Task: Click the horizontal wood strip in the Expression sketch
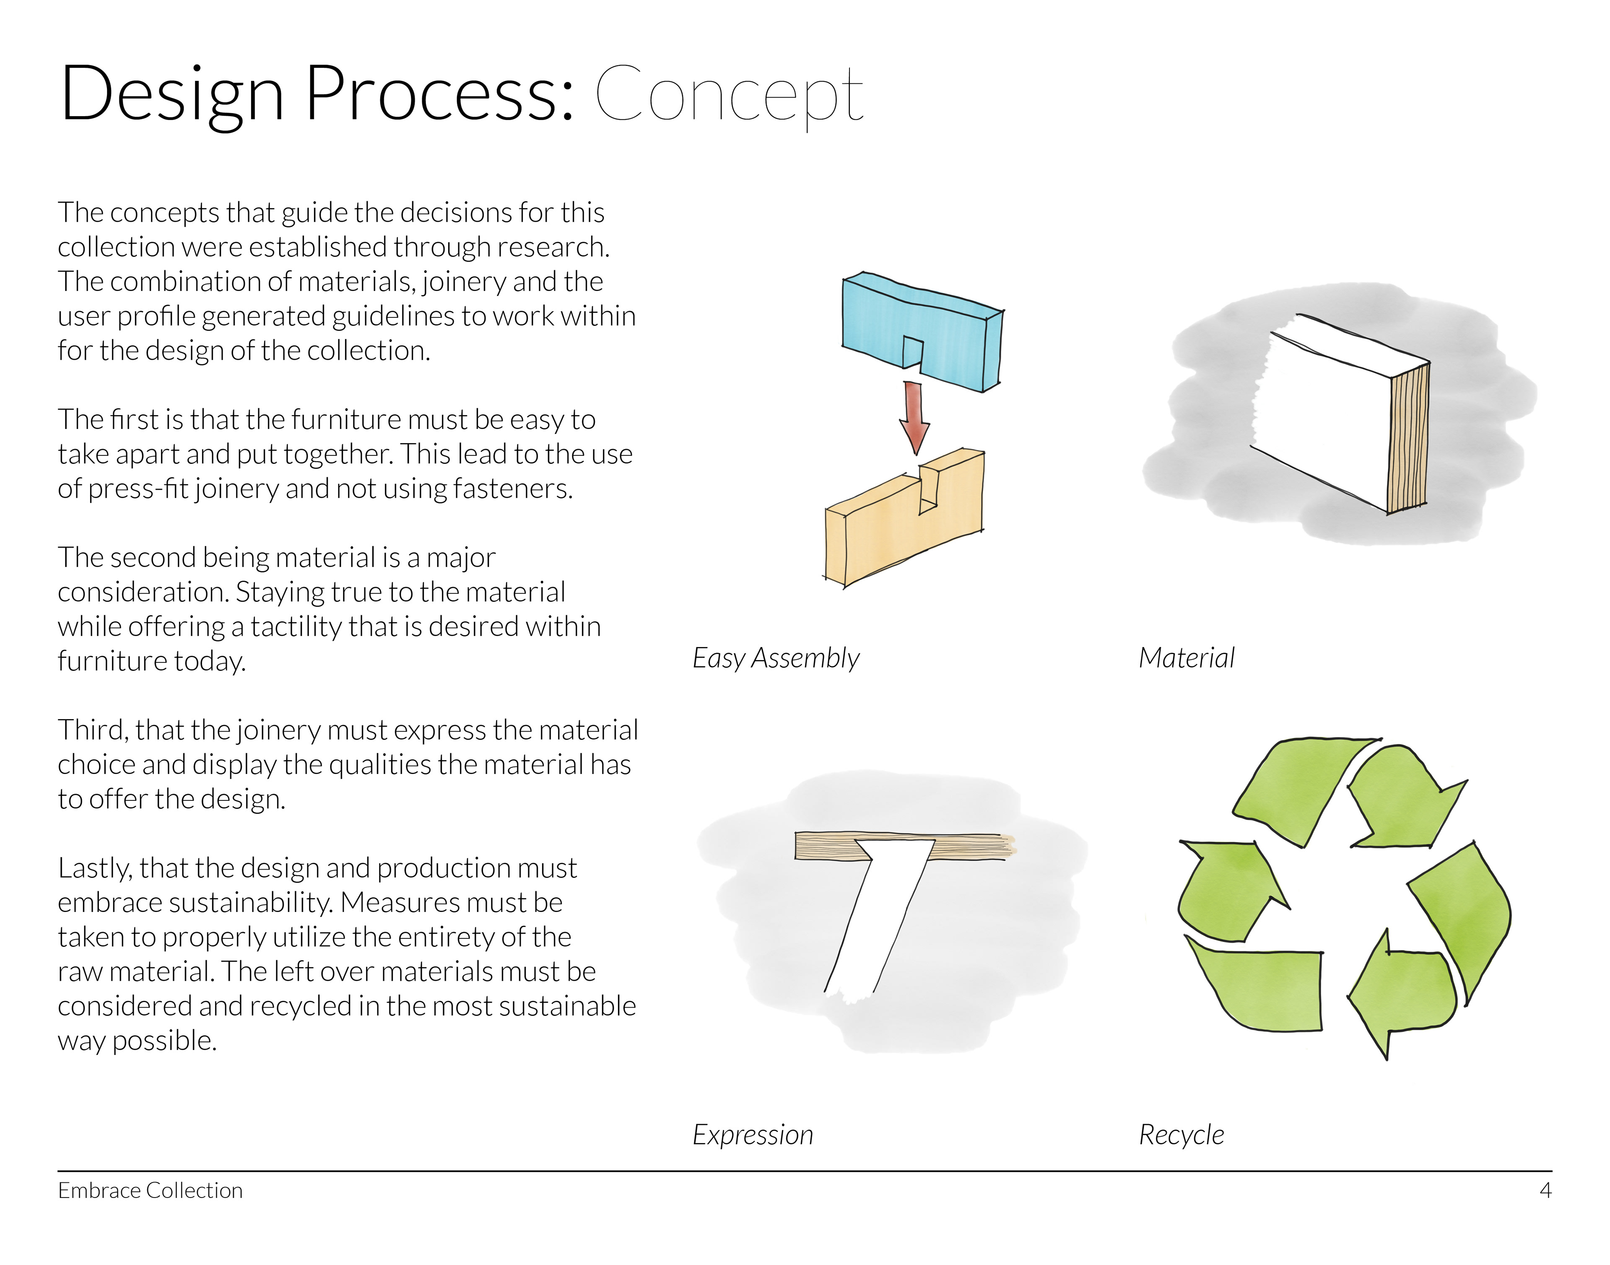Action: coord(829,846)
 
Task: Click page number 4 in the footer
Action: coord(1545,1191)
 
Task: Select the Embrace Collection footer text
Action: coord(151,1191)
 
